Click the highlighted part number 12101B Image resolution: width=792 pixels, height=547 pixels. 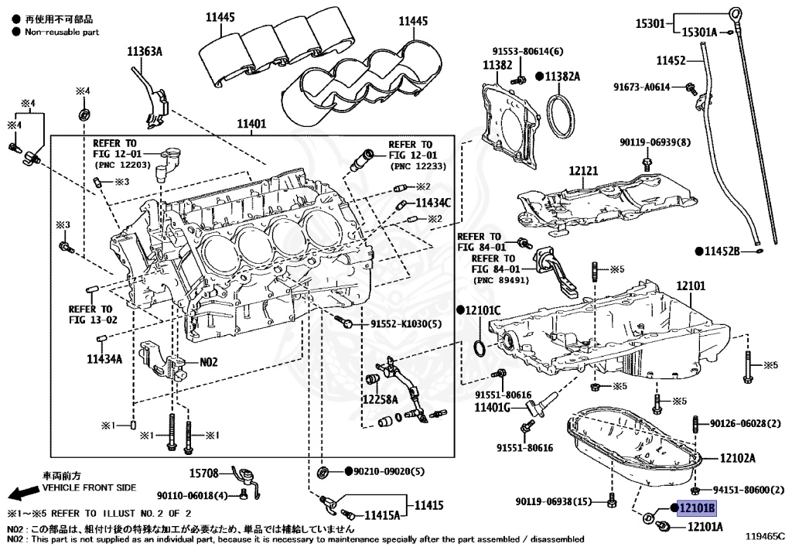(x=697, y=508)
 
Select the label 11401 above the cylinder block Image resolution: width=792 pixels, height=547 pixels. (x=251, y=123)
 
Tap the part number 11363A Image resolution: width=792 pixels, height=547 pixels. (x=145, y=52)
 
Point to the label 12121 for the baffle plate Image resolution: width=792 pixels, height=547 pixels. (x=585, y=169)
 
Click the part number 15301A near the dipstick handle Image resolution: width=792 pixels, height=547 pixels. (x=698, y=32)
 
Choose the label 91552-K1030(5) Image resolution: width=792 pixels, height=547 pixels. (x=405, y=323)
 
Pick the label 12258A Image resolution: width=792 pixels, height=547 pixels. (x=380, y=399)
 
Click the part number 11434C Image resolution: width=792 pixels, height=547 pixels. (x=433, y=203)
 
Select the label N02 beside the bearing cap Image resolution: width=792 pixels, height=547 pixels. (x=210, y=361)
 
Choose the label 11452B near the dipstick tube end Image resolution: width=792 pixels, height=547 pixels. (x=722, y=251)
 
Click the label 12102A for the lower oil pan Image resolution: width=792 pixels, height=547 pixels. (x=737, y=458)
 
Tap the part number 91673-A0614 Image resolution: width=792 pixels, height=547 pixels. (x=642, y=87)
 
